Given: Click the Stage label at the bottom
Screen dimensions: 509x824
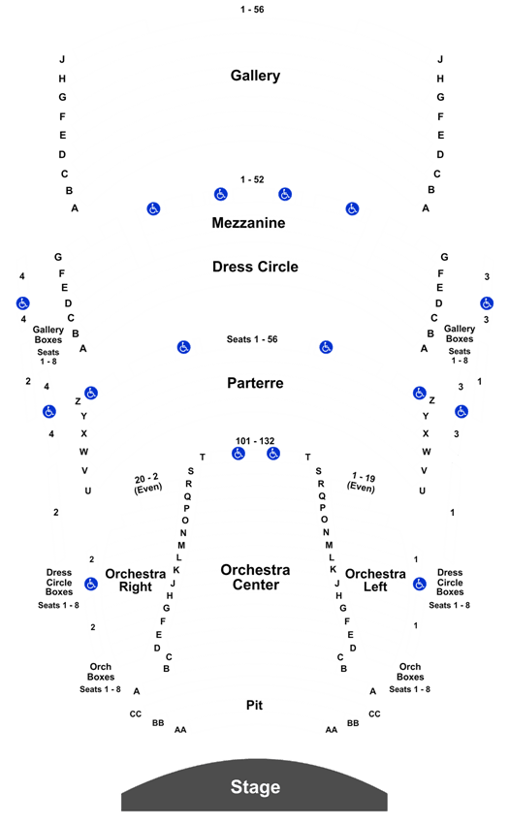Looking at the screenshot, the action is [255, 787].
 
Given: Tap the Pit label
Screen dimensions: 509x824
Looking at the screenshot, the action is [254, 705].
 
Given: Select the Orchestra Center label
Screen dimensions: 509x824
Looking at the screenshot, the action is [256, 577].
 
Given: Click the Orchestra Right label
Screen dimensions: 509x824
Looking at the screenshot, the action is [135, 580].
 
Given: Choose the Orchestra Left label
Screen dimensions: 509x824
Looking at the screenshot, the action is [375, 580].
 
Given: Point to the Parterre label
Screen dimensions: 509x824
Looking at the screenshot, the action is [255, 383].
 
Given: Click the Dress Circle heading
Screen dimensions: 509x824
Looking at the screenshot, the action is [255, 267].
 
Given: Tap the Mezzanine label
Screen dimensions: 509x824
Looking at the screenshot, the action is [248, 223].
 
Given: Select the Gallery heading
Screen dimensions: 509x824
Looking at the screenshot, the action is [255, 76].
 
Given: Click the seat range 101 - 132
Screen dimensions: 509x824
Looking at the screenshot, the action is [255, 441].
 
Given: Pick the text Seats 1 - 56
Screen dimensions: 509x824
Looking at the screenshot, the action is [252, 339].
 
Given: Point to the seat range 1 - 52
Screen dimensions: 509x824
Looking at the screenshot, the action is [252, 179].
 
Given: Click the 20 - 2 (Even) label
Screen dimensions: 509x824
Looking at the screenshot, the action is [147, 484].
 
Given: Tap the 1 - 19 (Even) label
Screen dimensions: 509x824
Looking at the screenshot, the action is [362, 483].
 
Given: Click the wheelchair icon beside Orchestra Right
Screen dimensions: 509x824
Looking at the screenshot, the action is [91, 584].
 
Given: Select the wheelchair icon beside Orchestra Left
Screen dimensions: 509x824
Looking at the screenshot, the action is [420, 584].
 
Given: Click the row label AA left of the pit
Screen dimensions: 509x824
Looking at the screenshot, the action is [180, 729].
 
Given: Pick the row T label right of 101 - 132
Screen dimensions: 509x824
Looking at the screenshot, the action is [307, 458].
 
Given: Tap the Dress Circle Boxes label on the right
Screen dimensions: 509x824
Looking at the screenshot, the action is [450, 583].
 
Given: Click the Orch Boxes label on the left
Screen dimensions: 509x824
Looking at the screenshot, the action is [101, 672].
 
